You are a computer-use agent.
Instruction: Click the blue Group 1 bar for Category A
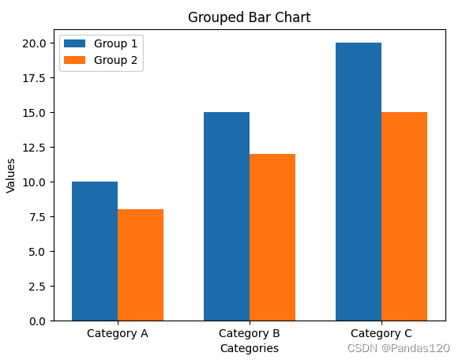95,251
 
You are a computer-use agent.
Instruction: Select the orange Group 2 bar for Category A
141,265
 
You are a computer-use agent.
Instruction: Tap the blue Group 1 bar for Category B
227,216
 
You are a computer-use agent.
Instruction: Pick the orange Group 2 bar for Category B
272,238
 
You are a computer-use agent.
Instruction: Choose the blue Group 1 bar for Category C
359,182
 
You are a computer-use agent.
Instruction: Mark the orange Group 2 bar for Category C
404,216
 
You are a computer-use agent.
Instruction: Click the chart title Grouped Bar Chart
250,17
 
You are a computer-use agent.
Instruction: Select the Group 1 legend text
115,43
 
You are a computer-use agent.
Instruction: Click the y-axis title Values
11,175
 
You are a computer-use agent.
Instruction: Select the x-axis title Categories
250,347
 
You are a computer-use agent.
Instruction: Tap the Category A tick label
118,333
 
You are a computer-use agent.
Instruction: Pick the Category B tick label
250,333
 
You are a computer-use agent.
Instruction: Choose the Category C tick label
381,333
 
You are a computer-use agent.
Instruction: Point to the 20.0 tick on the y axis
35,43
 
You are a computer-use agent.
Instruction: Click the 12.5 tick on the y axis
35,148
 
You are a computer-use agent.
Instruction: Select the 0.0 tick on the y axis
37,321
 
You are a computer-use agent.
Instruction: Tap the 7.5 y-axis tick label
37,217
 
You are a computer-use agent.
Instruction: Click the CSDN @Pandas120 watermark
399,347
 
